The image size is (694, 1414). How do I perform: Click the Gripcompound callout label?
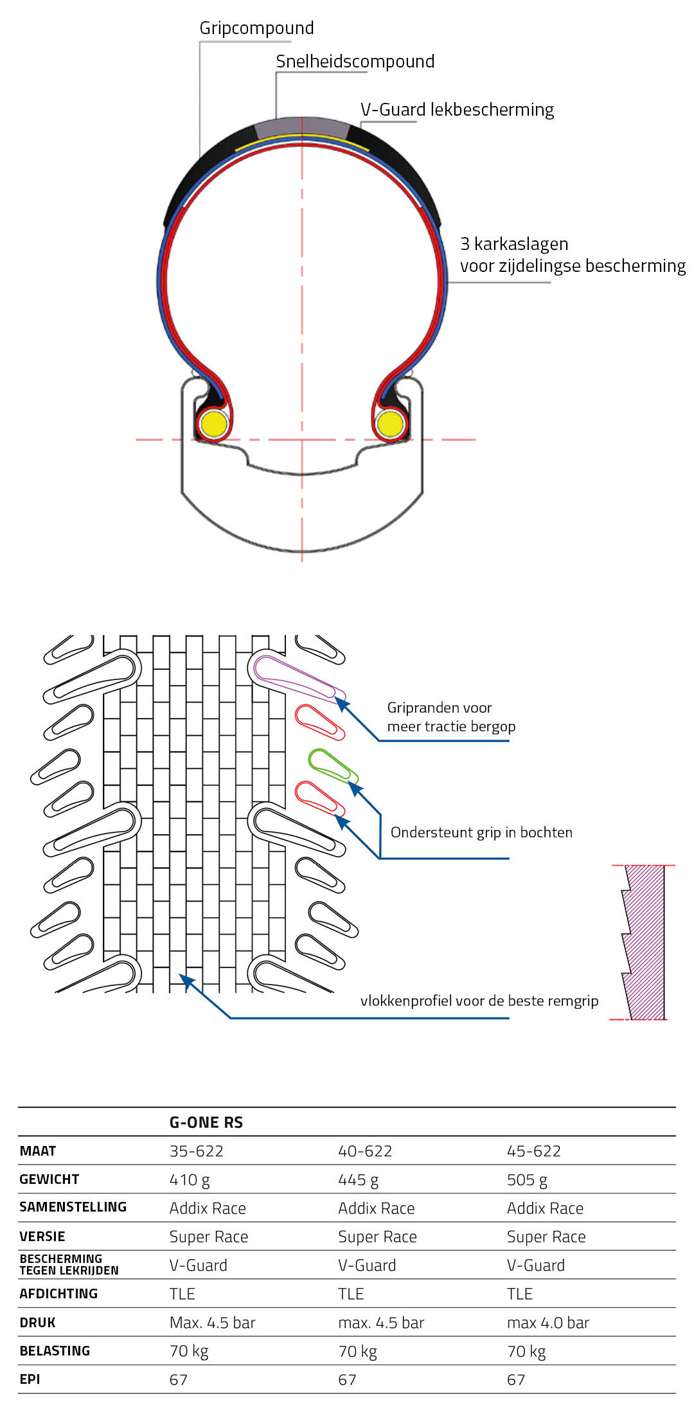click(x=256, y=28)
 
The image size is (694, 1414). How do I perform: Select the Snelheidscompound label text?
click(x=355, y=62)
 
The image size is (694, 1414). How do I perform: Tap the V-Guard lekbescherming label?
click(x=457, y=110)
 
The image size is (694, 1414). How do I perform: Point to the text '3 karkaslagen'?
click(x=514, y=244)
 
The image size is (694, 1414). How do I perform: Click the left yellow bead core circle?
click(x=213, y=424)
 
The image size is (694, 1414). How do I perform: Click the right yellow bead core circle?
click(x=390, y=424)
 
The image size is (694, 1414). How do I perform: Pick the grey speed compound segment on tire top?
click(x=302, y=126)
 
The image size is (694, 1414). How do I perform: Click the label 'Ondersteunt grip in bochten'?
click(x=481, y=833)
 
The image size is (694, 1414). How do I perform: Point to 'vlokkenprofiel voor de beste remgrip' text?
click(x=479, y=1001)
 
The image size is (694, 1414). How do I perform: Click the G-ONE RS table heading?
click(x=206, y=1123)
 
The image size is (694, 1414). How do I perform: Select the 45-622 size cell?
click(x=533, y=1151)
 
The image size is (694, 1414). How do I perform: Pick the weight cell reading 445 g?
click(x=358, y=1180)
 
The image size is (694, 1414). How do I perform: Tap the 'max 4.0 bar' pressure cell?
click(x=547, y=1323)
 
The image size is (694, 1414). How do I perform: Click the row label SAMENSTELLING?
click(x=73, y=1207)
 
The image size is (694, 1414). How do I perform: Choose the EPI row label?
click(x=30, y=1379)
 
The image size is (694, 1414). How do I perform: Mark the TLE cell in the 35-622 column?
click(x=182, y=1294)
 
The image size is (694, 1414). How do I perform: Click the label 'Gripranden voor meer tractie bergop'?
click(x=451, y=717)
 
